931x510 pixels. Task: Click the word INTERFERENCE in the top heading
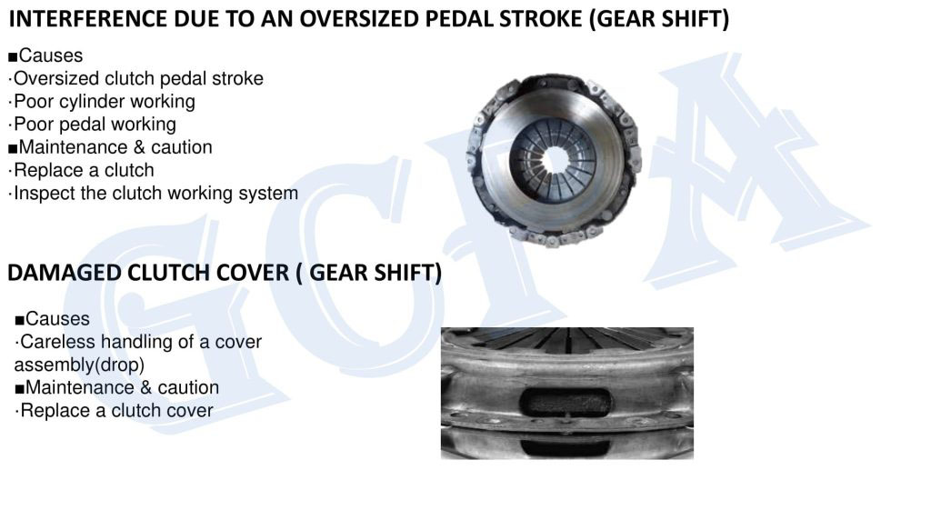click(x=88, y=19)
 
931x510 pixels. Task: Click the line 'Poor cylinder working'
click(x=102, y=102)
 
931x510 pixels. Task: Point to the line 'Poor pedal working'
click(x=93, y=124)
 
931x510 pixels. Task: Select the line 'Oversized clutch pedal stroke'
click(x=136, y=78)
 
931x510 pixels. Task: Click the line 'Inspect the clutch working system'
click(x=153, y=194)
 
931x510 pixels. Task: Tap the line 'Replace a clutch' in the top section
click(x=81, y=170)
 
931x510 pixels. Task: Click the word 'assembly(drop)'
click(x=80, y=365)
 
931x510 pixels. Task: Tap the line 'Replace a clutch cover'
click(x=114, y=411)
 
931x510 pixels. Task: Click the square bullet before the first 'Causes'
click(x=13, y=57)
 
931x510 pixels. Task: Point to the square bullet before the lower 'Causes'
click(x=20, y=321)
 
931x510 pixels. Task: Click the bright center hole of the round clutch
click(x=555, y=160)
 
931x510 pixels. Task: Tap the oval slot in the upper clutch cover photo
click(x=566, y=403)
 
